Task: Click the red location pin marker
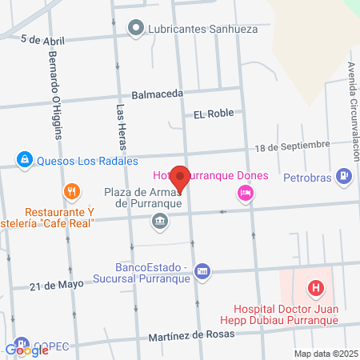coord(181,179)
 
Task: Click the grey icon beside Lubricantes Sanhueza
coord(136,30)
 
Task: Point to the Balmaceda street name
coord(158,94)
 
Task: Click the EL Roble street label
coord(214,114)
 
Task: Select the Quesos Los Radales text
coord(82,159)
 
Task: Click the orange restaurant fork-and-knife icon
coord(71,191)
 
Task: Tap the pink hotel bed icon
coord(244,193)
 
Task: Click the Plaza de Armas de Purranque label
coord(144,198)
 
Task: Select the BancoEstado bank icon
coord(202,271)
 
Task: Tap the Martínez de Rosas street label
coord(192,334)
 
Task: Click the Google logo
coord(27,350)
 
